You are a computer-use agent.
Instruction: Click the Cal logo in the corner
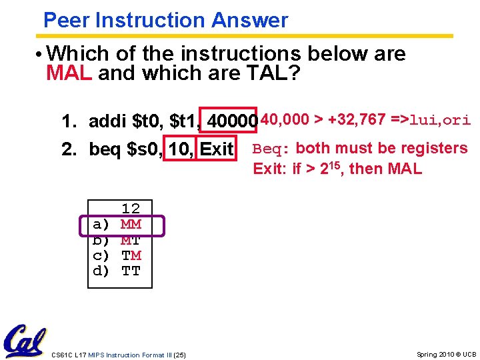[x=25, y=341]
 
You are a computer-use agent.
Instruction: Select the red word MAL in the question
[x=69, y=73]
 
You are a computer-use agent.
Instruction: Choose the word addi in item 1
[x=108, y=122]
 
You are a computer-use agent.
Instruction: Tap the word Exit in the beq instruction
[x=217, y=149]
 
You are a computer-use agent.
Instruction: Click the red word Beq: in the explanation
[x=271, y=149]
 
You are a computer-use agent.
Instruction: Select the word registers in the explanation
[x=433, y=148]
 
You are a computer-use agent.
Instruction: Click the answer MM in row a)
[x=131, y=225]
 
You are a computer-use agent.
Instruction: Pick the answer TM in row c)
[x=131, y=255]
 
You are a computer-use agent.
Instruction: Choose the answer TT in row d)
[x=131, y=271]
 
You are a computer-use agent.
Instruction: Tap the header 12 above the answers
[x=131, y=209]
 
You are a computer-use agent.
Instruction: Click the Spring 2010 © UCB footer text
[x=446, y=354]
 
